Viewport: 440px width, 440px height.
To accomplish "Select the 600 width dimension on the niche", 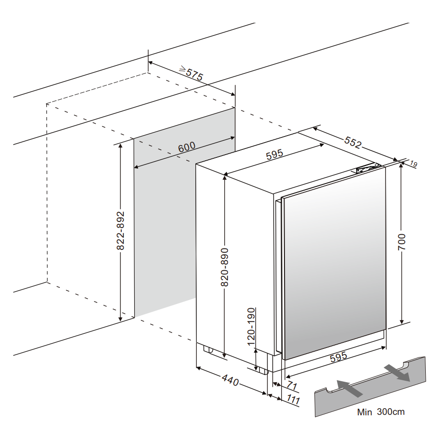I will (186, 147).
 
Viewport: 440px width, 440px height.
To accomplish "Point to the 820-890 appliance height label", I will (225, 267).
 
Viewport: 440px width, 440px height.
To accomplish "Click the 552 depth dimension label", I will (352, 142).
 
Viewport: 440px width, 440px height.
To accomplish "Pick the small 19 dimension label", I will (413, 165).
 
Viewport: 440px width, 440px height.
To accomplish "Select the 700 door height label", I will (402, 243).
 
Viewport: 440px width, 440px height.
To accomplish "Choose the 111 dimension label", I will (293, 400).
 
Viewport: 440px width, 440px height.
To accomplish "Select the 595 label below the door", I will (339, 357).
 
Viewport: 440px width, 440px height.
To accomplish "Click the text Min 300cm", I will (381, 412).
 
